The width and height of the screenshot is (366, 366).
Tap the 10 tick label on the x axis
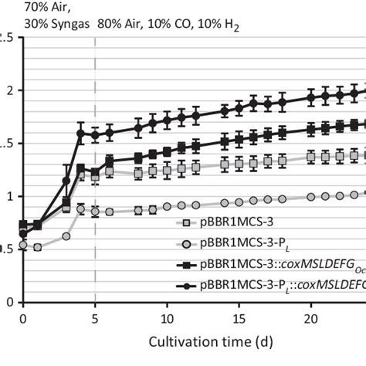click(x=167, y=317)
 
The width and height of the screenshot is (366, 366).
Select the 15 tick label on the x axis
click(x=239, y=317)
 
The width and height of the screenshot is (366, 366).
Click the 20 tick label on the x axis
click(x=311, y=317)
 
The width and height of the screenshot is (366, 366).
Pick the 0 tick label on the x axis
click(x=23, y=317)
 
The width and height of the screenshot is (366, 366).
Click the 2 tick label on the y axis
click(x=7, y=90)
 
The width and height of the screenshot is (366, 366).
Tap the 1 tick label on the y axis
click(x=7, y=196)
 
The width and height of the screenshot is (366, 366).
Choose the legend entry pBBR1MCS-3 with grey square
click(x=232, y=224)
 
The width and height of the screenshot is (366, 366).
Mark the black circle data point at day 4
click(x=80, y=134)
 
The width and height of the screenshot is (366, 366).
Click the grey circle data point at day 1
click(x=37, y=248)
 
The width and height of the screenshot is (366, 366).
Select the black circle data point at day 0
click(x=23, y=233)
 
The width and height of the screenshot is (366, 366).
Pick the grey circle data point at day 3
click(x=66, y=236)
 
